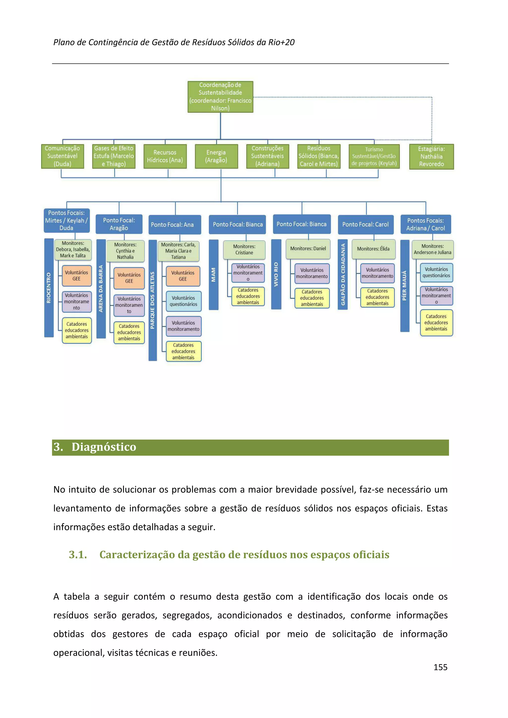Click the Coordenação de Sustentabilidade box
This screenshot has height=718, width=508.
point(220,97)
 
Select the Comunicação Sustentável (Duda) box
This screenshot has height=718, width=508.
point(62,156)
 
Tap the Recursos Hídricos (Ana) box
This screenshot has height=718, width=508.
point(165,156)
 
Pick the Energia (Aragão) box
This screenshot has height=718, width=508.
point(216,156)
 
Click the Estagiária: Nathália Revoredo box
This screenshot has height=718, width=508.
point(431,156)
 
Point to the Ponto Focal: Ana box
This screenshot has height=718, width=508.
point(174,224)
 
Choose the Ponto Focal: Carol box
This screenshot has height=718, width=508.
point(365,224)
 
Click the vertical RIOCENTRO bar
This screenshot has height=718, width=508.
point(49,288)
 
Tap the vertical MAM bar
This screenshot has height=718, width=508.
point(214,275)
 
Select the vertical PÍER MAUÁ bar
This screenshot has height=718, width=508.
point(405,285)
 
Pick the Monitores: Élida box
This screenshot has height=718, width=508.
point(373,249)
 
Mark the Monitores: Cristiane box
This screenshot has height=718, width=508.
point(244,249)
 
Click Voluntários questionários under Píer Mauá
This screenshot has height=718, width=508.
point(436,272)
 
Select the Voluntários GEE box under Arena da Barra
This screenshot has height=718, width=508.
point(129,278)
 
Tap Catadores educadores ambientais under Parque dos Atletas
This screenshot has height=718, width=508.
point(183,351)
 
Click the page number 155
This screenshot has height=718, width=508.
point(440,667)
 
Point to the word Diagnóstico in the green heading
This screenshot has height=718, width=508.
point(104,447)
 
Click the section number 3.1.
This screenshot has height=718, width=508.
point(78,554)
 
